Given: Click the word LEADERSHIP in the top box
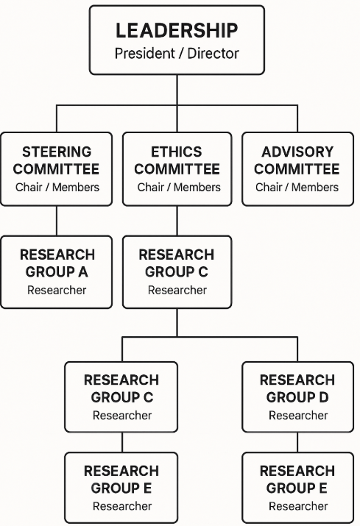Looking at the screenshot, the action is click(x=177, y=30).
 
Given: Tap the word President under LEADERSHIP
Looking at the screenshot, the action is click(x=145, y=54).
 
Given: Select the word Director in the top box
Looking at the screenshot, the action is click(x=213, y=54).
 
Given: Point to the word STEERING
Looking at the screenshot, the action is click(x=57, y=152).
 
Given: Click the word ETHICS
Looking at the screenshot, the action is click(x=177, y=152).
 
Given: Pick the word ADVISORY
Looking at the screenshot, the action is click(x=297, y=152).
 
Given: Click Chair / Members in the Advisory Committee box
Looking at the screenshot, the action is click(x=297, y=187).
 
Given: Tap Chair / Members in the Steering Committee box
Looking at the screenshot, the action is click(x=57, y=187).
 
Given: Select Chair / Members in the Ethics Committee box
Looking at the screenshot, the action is click(x=179, y=187).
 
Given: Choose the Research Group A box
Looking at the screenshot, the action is click(x=57, y=272).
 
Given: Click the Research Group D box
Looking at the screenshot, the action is click(x=298, y=397).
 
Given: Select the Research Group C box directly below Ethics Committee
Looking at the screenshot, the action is click(x=177, y=272).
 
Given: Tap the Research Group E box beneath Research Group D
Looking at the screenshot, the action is click(x=298, y=488).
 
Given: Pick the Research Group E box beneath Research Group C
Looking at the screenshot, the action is click(x=121, y=488).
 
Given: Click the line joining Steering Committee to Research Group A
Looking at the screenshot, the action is click(x=57, y=221).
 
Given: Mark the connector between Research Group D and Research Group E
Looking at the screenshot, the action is click(x=297, y=442).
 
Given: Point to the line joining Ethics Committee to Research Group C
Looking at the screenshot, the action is click(x=177, y=221).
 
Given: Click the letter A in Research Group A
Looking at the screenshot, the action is click(x=83, y=271).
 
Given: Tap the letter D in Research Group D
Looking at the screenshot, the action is click(x=323, y=397).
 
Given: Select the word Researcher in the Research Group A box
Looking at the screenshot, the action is click(x=57, y=290).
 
